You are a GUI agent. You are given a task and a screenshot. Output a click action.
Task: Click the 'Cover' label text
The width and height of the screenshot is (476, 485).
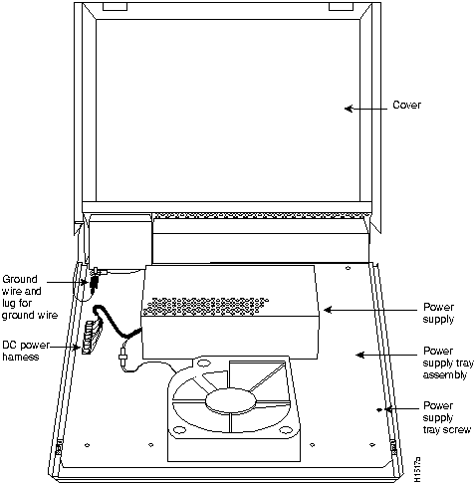coord(406,105)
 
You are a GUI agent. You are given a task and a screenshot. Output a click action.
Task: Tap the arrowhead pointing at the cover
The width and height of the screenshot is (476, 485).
coord(349,109)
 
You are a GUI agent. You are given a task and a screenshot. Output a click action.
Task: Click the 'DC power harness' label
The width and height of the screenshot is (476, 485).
coord(25,351)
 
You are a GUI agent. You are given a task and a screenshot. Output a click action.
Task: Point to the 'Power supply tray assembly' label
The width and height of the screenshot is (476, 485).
coord(448,363)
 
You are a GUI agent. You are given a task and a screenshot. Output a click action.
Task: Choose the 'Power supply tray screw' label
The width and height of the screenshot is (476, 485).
coord(446,417)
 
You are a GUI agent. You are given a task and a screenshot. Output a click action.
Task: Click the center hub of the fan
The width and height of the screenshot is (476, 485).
coord(231,401)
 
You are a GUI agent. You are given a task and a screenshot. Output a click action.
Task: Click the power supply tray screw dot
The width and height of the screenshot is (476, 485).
coord(379,409)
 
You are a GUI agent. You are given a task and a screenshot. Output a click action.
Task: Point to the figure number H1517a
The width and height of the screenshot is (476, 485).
coord(417,470)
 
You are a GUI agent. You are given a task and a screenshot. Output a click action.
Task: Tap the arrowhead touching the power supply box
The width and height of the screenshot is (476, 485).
coord(328,310)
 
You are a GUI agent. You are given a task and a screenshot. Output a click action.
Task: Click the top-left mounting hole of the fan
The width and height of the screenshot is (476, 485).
coord(202,364)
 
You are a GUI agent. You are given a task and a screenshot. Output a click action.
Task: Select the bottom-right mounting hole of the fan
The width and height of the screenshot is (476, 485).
coord(286,430)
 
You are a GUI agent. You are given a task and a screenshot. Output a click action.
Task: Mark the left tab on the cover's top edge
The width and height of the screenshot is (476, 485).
coord(115,7)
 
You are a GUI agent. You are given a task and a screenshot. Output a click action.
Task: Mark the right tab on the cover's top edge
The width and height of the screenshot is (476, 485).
coord(341,7)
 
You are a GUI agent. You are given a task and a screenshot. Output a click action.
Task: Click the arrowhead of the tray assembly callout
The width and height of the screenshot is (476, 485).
coord(360,355)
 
